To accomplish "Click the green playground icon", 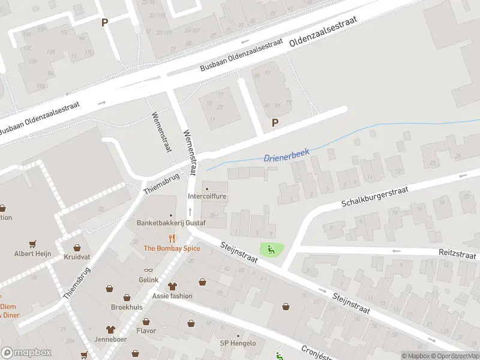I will tap(271, 250).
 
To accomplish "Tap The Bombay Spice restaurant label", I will tap(172, 248).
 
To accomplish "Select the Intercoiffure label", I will tap(207, 196).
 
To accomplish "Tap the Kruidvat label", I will tap(77, 257).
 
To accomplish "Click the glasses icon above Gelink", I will tap(149, 271).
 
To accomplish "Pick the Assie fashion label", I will tap(172, 296).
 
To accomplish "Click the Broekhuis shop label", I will tap(127, 307).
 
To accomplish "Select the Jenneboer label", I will tap(110, 338).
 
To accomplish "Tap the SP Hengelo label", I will tap(238, 343).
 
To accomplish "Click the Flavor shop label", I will tap(146, 331).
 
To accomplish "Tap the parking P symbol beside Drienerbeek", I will tap(275, 123).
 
